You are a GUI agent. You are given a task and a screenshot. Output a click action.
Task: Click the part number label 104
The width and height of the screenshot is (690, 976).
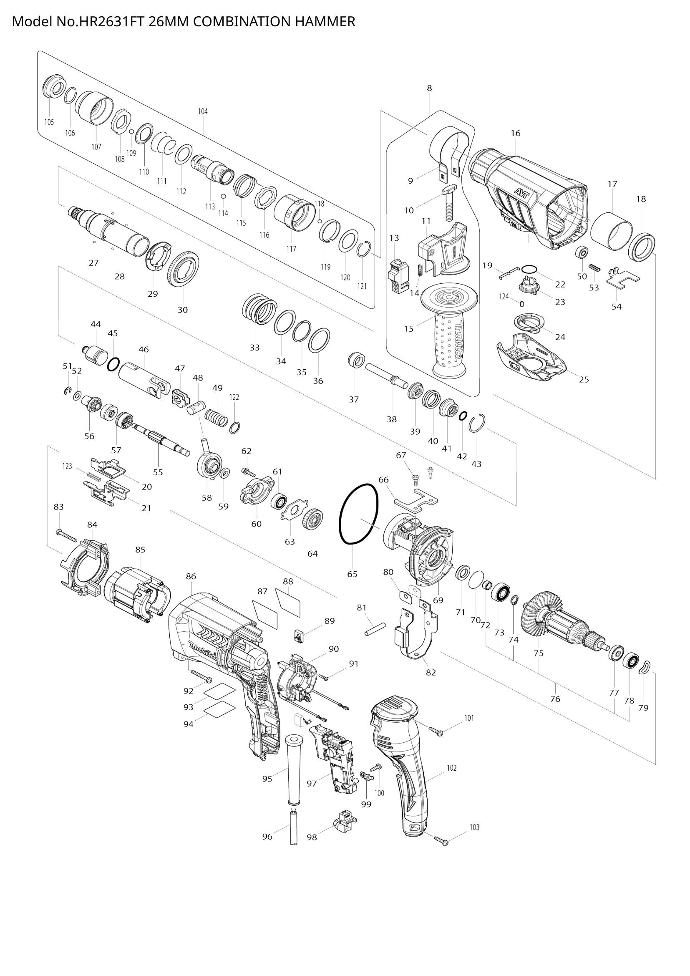[x=203, y=111]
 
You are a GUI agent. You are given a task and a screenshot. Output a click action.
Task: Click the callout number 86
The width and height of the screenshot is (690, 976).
[x=191, y=576]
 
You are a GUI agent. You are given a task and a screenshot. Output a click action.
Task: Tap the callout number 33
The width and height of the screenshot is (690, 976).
[x=254, y=347]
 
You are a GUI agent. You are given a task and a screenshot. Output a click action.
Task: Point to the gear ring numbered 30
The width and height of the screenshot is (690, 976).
[x=184, y=270]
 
